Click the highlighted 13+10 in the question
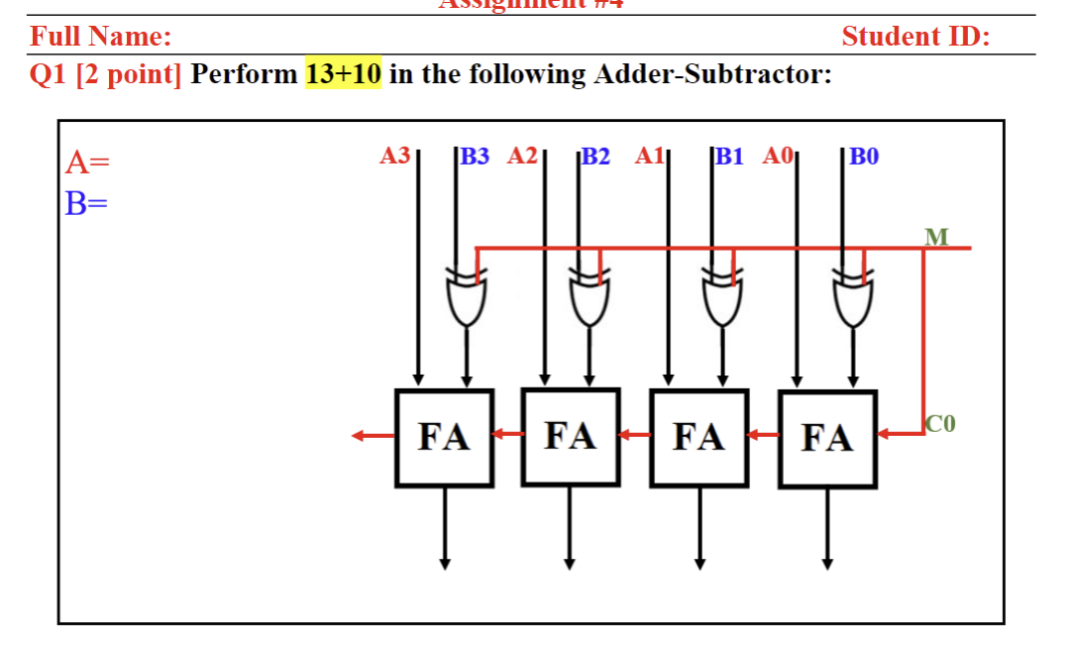pos(343,74)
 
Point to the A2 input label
pos(522,156)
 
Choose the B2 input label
pos(596,156)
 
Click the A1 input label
pos(650,156)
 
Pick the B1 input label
pos(728,156)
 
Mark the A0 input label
pos(779,156)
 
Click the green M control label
pos(935,236)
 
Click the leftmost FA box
pos(444,437)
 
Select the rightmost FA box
pos(827,438)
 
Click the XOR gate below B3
pos(467,297)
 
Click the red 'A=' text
pos(87,162)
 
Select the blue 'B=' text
pos(86,203)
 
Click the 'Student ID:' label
pos(915,37)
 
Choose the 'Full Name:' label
pos(100,37)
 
